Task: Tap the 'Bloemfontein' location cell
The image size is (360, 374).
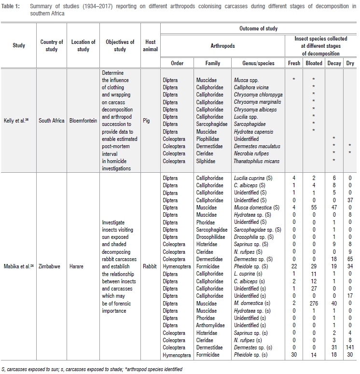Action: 83,121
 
